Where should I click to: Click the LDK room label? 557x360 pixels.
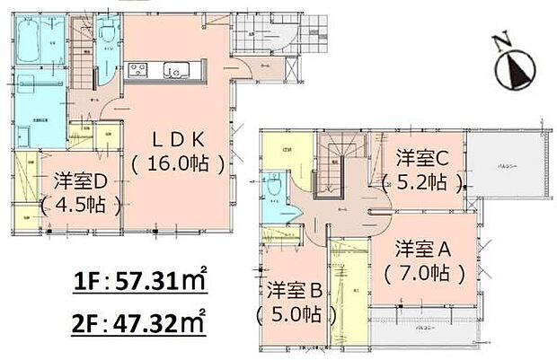(175, 141)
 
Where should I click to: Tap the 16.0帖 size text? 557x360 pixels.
(176, 165)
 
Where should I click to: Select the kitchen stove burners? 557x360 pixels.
(140, 70)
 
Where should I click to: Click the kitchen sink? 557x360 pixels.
(174, 70)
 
